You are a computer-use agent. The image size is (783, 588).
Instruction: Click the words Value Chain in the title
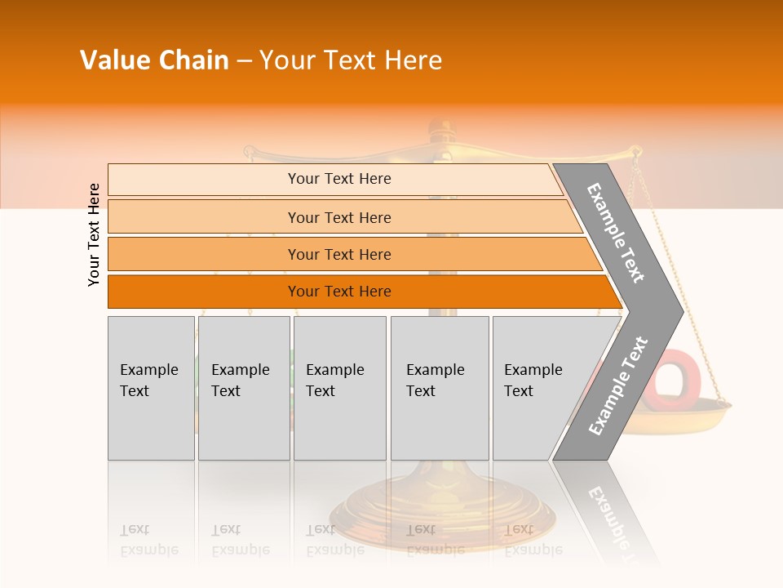154,60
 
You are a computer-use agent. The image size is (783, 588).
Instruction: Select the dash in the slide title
244,61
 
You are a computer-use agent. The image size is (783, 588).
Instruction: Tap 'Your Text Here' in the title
351,60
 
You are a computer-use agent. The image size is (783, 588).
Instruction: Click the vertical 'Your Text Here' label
94,234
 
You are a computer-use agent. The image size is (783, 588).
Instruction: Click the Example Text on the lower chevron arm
617,385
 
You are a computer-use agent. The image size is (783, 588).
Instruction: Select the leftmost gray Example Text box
151,388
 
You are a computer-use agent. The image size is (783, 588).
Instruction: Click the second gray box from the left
243,388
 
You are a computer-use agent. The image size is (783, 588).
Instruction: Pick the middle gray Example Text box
339,388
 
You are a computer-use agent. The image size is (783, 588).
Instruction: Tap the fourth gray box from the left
439,388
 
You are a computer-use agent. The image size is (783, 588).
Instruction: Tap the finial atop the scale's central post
440,129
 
